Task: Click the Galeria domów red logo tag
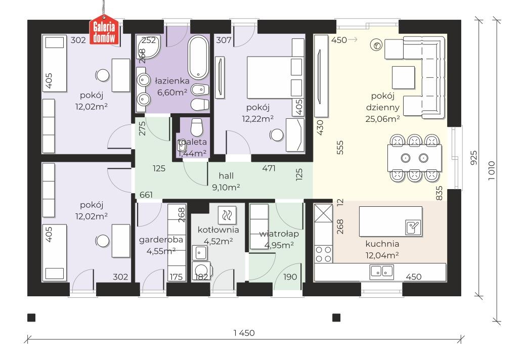(x=104, y=30)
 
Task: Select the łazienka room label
(x=172, y=80)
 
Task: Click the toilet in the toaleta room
(x=196, y=127)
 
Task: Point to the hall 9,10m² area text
(x=226, y=188)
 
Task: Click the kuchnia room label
(x=382, y=244)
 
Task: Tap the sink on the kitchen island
(x=413, y=228)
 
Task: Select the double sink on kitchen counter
(x=382, y=272)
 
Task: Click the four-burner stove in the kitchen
(x=323, y=254)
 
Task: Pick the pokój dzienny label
(x=383, y=101)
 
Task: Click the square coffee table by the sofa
(x=403, y=77)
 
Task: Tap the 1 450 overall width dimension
(x=244, y=333)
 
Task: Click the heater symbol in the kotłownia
(x=227, y=215)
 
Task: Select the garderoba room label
(x=161, y=240)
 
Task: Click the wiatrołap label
(x=279, y=234)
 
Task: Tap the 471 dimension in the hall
(x=269, y=168)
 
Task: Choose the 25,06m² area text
(x=383, y=119)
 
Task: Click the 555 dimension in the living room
(x=340, y=147)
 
